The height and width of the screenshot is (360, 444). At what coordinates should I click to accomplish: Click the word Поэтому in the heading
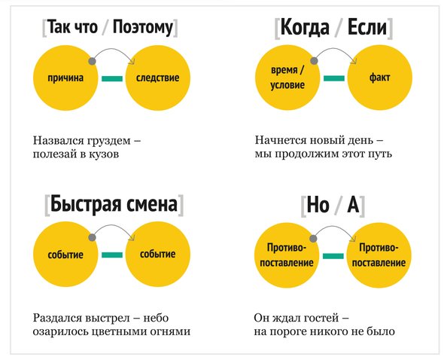pos(142,28)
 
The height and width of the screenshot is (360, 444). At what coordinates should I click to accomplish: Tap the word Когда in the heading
pos(304,27)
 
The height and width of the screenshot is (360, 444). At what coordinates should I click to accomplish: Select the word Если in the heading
pos(367,27)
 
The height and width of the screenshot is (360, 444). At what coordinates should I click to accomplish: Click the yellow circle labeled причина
pos(65,78)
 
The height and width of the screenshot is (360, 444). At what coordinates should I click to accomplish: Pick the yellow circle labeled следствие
pos(158,78)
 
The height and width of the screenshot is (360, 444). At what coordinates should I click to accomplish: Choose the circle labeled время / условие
pos(287,78)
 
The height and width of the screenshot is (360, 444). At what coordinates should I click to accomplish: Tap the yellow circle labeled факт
pos(380,78)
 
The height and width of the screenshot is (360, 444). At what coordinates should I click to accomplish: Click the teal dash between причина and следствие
pos(112,78)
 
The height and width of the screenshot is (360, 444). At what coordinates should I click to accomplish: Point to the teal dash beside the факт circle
pos(334,78)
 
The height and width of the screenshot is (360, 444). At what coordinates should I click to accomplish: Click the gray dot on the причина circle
pos(92,61)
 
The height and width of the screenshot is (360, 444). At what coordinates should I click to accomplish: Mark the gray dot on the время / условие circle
pos(314,61)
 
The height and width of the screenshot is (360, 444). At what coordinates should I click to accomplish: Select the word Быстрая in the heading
pos(86,204)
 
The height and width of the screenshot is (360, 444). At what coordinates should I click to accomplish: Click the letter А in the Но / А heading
pos(353,204)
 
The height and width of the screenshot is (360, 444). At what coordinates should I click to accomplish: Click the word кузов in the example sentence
pos(105,154)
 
